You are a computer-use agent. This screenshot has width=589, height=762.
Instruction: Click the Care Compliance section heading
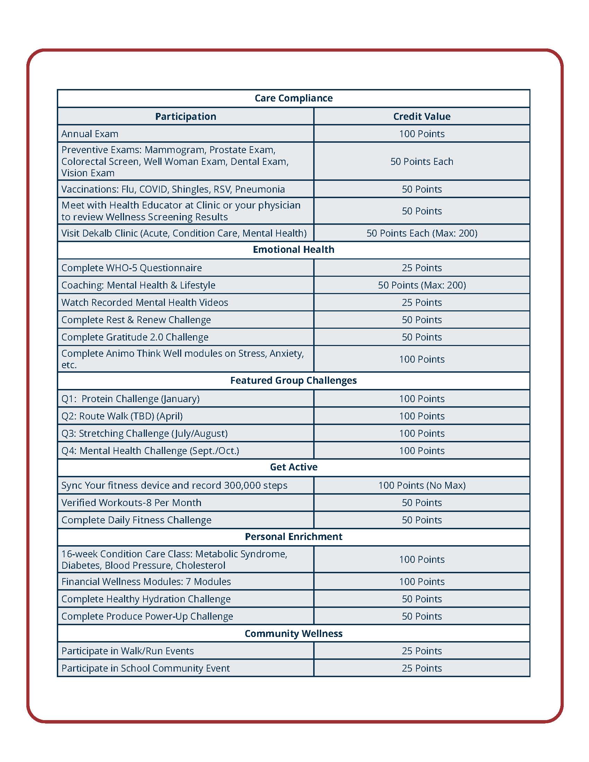pos(293,98)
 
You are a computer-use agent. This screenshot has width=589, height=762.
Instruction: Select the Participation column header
pos(186,116)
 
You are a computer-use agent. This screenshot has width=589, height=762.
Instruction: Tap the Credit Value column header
pos(422,116)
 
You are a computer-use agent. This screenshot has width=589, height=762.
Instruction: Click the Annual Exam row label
pos(90,134)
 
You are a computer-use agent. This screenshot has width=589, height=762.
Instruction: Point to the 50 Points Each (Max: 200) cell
pos(422,233)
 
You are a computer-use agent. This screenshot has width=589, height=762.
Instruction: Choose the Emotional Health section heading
pos(293,249)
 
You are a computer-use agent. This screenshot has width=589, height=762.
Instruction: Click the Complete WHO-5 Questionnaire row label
pos(132,268)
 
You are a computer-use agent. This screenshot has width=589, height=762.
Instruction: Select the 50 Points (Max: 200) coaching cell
pos(422,285)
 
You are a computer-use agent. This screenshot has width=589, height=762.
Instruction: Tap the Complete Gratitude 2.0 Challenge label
pos(135,337)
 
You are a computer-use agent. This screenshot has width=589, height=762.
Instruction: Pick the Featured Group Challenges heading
pos(293,380)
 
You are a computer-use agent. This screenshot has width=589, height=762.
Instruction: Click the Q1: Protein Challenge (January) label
pos(131,399)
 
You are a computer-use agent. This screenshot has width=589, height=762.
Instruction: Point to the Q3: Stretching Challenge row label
pos(144,433)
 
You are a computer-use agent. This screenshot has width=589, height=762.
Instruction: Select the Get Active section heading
pos(293,467)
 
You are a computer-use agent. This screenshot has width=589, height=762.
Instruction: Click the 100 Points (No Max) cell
pos(422,485)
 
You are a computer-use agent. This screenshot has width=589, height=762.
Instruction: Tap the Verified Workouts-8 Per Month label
pos(131,503)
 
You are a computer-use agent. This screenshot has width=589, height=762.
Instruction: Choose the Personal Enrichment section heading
pos(293,537)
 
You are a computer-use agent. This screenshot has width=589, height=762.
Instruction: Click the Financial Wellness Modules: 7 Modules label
pos(146,582)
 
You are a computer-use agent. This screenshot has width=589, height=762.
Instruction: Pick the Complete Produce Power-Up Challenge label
pos(147,616)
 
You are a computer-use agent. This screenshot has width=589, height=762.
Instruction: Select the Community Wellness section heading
pos(293,633)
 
